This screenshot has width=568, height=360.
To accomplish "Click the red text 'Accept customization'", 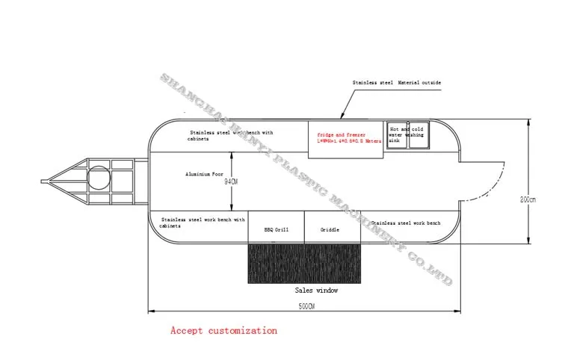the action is (x=223, y=330).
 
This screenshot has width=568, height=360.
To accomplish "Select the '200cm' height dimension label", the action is (x=529, y=199).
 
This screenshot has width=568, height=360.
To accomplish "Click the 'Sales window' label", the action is (x=316, y=290).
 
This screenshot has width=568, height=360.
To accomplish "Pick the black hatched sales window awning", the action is (x=304, y=263).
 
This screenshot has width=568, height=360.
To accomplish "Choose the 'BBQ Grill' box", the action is (x=277, y=230).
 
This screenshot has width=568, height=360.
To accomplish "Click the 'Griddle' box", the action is (x=330, y=230).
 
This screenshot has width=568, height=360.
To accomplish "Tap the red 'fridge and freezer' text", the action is (x=340, y=134).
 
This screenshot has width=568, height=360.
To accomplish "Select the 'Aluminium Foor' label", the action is (x=205, y=174).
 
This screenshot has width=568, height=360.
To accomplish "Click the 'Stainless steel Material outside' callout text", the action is (x=397, y=83).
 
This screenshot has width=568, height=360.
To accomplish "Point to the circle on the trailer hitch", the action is (x=97, y=178).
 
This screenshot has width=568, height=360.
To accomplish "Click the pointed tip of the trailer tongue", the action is (x=43, y=179).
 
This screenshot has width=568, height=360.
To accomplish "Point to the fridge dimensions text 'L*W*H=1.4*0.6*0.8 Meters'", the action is (x=349, y=141).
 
